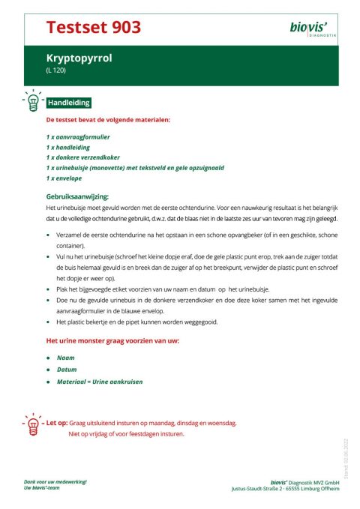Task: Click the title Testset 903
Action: [x=93, y=28]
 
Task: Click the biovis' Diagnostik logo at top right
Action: [x=313, y=29]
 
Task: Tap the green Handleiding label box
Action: [x=69, y=103]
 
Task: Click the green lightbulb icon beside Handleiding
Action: [x=32, y=101]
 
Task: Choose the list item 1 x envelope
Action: [x=64, y=179]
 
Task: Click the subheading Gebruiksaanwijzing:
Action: [x=77, y=196]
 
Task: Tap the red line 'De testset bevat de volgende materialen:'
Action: [x=108, y=119]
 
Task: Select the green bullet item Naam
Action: [x=65, y=358]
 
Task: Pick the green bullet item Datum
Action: [x=67, y=369]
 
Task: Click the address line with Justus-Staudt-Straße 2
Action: [x=285, y=488]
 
